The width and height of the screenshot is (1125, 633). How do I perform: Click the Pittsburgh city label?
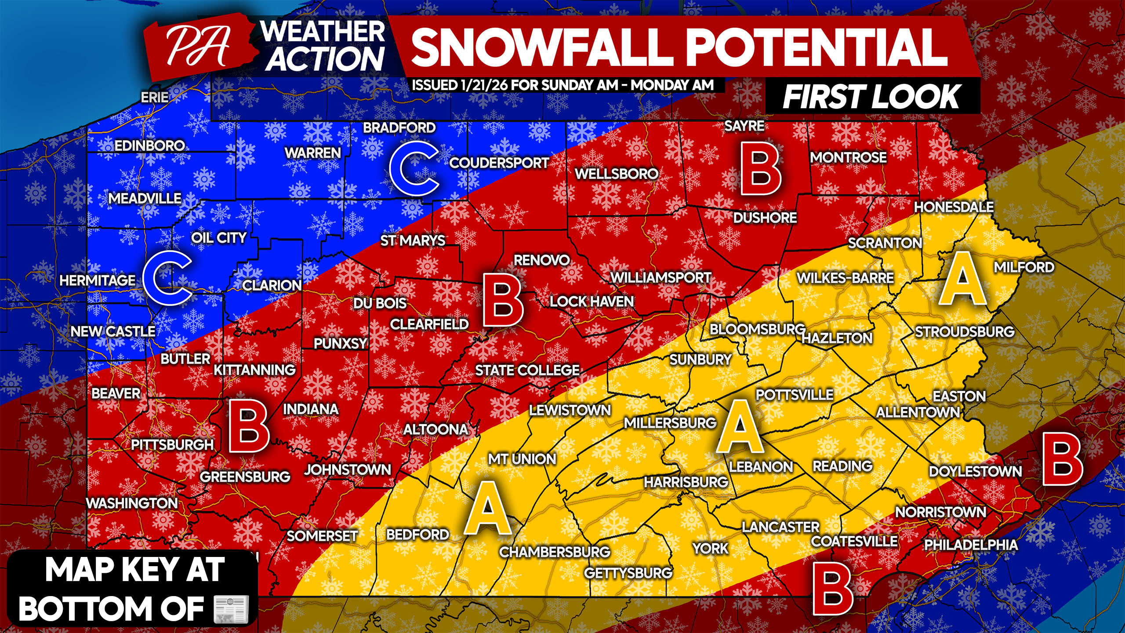(x=172, y=445)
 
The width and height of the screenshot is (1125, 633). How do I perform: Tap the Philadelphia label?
(x=971, y=545)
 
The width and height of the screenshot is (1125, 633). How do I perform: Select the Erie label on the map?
(x=155, y=97)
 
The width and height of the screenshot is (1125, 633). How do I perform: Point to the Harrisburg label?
(x=686, y=482)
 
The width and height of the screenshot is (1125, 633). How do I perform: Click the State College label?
(x=527, y=371)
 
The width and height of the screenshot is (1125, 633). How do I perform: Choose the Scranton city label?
(x=885, y=243)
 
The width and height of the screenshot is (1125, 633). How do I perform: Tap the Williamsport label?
(x=661, y=278)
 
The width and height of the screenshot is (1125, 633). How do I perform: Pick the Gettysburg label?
(x=628, y=573)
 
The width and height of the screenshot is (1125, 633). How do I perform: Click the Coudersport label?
(x=499, y=163)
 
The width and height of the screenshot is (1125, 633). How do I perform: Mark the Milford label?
(x=1024, y=267)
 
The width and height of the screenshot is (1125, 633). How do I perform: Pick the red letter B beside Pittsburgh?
(x=248, y=426)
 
